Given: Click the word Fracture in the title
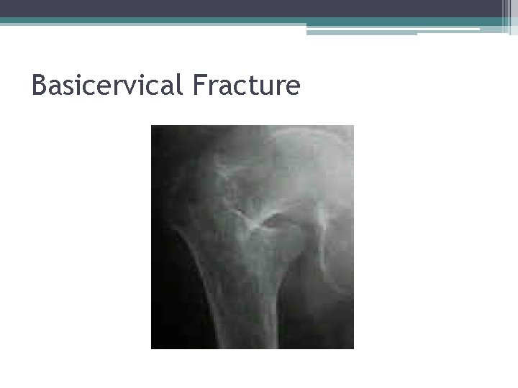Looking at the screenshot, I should click(x=246, y=86).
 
